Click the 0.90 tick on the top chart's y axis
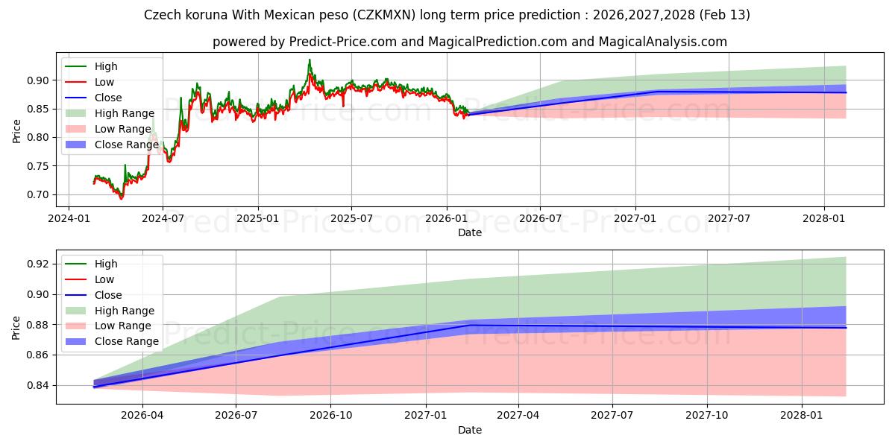[37, 80]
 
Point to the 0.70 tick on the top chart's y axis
[37, 194]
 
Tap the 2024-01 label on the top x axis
[69, 219]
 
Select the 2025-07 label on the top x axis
[351, 219]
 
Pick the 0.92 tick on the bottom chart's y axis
[37, 264]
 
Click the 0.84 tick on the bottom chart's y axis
[37, 385]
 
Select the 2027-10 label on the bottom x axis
[706, 416]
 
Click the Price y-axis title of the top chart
[17, 130]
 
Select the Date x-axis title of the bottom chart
[470, 430]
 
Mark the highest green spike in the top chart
[310, 60]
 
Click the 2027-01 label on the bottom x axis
[425, 416]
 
